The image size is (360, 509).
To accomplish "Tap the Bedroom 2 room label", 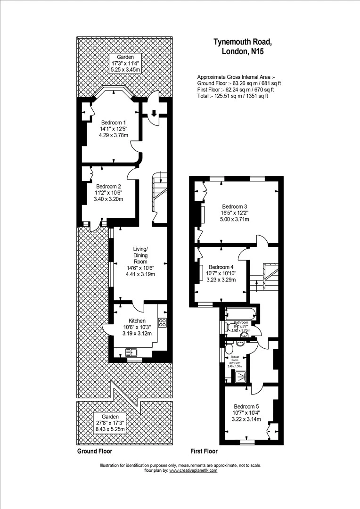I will [x=108, y=186].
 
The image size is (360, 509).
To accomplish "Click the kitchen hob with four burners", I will [x=163, y=323].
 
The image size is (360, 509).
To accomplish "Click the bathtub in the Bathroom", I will [x=241, y=313].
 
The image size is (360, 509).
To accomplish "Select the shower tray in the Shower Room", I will [x=240, y=376].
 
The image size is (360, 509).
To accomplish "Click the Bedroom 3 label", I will [x=235, y=206].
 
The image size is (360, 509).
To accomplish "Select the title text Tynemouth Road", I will [x=243, y=42].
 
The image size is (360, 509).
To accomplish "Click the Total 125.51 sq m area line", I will [x=232, y=96].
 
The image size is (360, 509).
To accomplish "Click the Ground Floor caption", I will [x=94, y=451].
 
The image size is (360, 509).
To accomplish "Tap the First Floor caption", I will [x=204, y=451].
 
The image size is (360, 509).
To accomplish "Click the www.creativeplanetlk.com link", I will [x=193, y=470].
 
